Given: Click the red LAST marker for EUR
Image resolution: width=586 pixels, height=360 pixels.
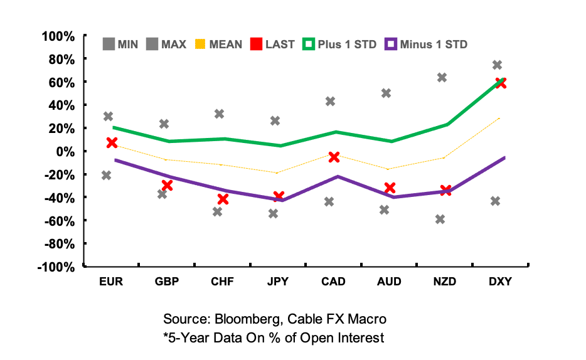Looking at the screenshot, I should [x=112, y=143].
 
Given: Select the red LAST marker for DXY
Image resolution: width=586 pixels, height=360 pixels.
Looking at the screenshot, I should [x=500, y=83].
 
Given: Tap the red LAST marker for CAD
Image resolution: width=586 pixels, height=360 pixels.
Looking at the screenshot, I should [x=334, y=157].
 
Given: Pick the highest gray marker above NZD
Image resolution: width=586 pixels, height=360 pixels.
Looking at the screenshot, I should [x=442, y=78].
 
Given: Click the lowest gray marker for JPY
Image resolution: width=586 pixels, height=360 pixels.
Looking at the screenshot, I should [x=274, y=214].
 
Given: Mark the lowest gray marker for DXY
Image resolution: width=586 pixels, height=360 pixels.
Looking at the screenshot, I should [x=495, y=201].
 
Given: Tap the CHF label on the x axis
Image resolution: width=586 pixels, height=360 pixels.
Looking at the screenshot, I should [x=222, y=282].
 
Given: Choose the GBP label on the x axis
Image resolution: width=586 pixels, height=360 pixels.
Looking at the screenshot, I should [x=166, y=282].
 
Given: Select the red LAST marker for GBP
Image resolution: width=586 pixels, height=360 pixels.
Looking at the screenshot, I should [x=167, y=185].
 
